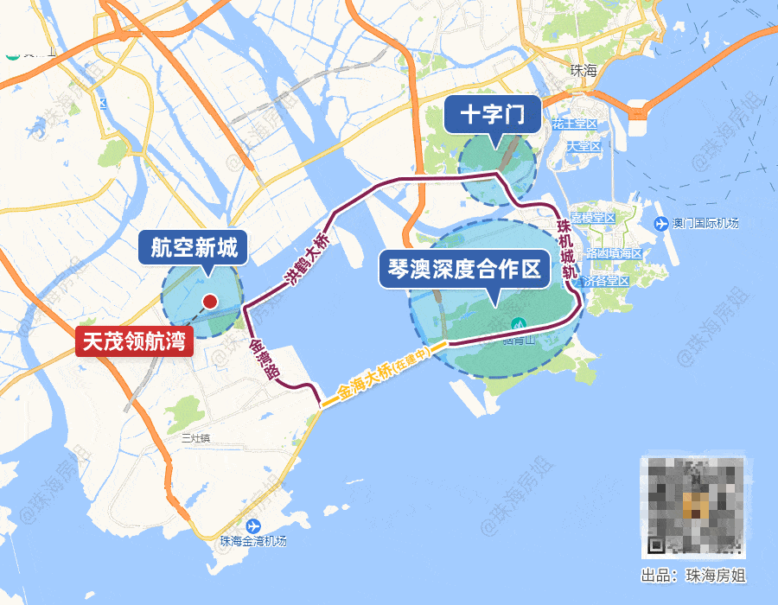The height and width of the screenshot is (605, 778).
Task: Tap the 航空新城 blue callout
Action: click(194, 249)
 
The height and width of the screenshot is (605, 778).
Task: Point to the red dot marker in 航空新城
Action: click(209, 302)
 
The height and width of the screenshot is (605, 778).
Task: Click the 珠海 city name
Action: click(584, 71)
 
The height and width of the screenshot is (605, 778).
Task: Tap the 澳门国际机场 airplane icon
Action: click(661, 224)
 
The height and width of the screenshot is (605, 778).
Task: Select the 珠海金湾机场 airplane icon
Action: click(253, 526)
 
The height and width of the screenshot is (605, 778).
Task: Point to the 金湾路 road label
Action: click(259, 359)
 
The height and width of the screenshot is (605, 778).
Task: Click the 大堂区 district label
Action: click(583, 146)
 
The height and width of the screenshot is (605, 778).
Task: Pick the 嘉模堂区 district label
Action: click(592, 218)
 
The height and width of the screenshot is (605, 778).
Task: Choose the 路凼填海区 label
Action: click(615, 254)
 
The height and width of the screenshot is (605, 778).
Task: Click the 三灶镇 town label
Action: click(197, 438)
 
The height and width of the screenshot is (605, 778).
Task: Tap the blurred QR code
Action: click(692, 505)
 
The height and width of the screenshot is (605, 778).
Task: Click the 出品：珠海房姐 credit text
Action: click(692, 575)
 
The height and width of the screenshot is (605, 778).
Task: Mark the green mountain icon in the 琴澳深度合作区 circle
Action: click(519, 324)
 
